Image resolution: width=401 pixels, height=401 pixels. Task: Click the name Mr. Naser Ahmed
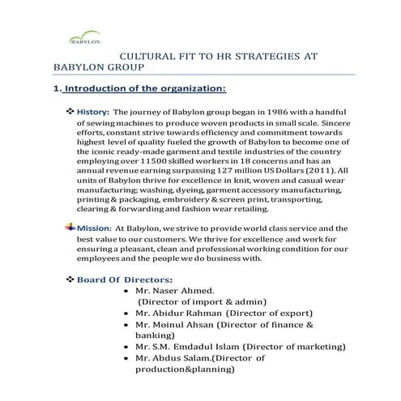pos(175,290)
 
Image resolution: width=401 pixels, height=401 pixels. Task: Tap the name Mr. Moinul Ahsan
pos(180,323)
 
